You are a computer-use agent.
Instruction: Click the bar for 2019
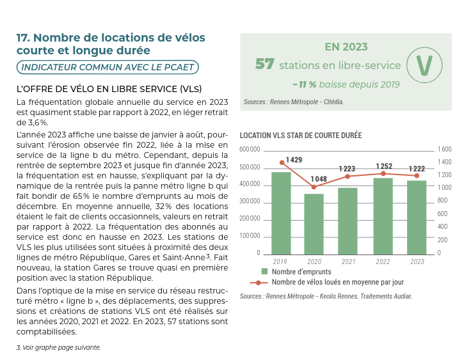(x=281, y=213)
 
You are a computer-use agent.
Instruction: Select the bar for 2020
(x=314, y=224)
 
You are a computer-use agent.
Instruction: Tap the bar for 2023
(x=417, y=217)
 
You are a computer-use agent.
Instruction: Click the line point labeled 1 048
(x=314, y=187)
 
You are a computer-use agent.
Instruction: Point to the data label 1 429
(x=294, y=159)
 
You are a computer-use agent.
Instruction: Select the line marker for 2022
(x=383, y=173)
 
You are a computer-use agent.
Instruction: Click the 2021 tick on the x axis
(x=348, y=262)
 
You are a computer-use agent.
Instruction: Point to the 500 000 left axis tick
(x=250, y=167)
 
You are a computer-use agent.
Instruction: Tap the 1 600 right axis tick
(x=445, y=149)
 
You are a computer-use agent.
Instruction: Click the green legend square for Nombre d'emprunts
(x=266, y=271)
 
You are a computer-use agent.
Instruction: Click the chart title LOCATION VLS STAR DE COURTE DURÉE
(x=300, y=136)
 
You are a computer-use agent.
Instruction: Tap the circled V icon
(x=424, y=65)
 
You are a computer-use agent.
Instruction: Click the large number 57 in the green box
(x=264, y=65)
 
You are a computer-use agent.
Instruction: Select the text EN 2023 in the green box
(x=346, y=47)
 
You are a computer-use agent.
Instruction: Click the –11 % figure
(x=304, y=84)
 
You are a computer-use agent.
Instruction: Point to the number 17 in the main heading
(x=23, y=38)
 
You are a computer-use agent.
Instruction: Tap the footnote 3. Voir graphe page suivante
(x=58, y=347)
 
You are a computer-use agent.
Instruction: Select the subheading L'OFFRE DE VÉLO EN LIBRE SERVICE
(x=109, y=88)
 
